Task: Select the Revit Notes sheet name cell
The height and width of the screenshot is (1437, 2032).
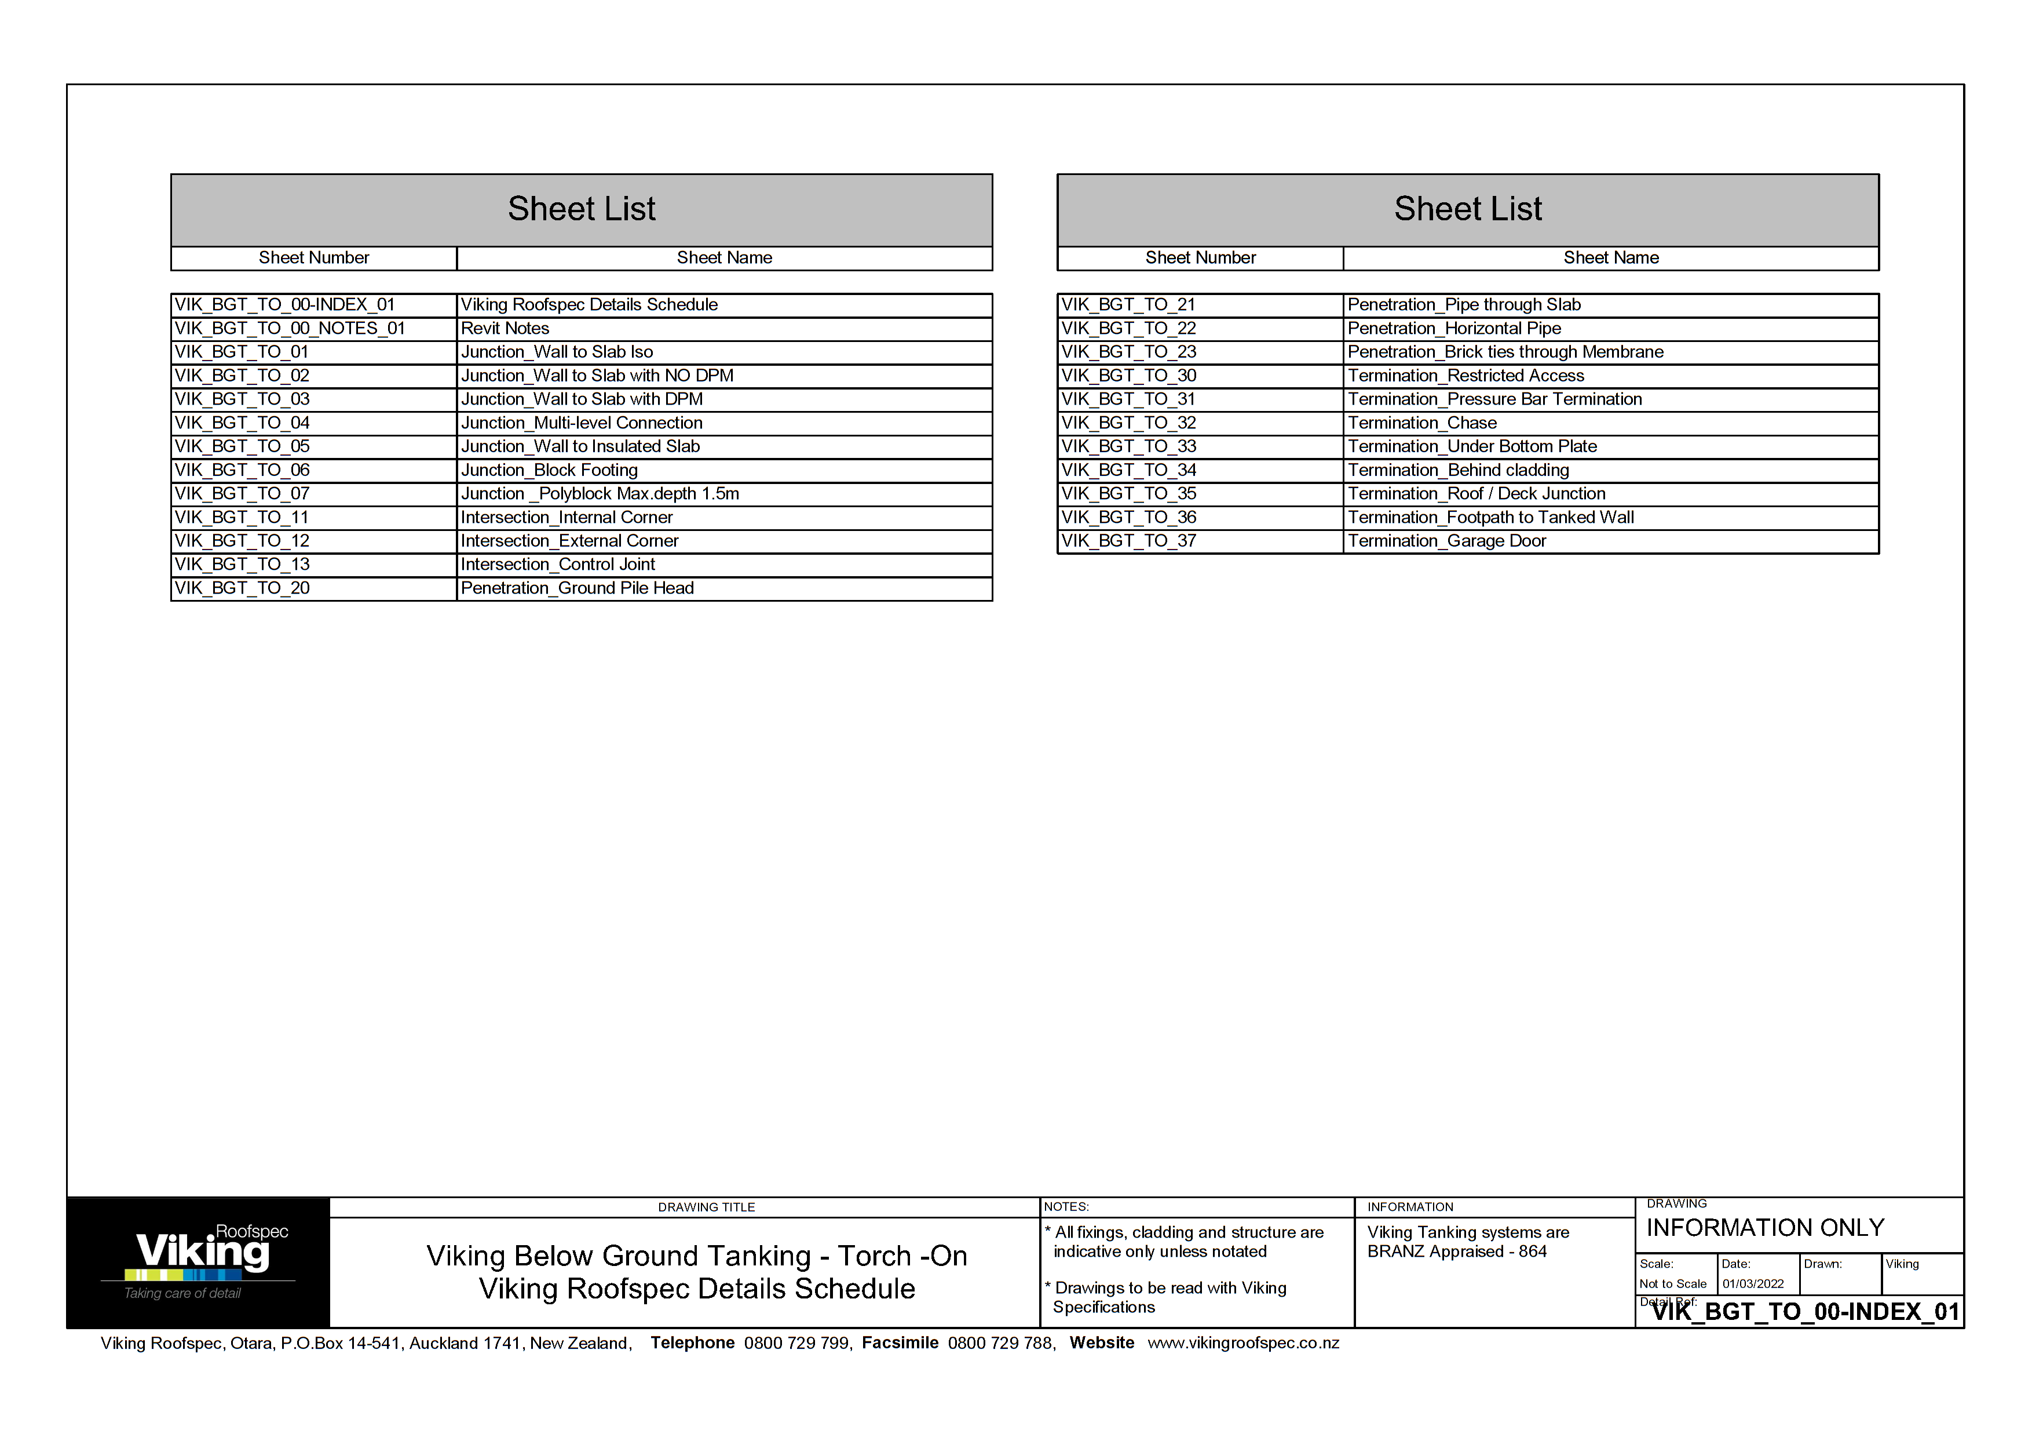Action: pyautogui.click(x=505, y=329)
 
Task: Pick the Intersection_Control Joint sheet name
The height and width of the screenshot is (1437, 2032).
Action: pyautogui.click(x=558, y=565)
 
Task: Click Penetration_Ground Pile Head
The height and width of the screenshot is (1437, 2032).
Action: pyautogui.click(x=577, y=589)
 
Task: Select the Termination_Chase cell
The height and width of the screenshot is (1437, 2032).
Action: pyautogui.click(x=1421, y=423)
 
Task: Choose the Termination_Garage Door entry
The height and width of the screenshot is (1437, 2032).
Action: pyautogui.click(x=1446, y=541)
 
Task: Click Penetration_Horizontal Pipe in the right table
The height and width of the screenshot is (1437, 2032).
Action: pyautogui.click(x=1453, y=329)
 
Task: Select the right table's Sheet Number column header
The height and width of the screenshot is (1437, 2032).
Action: pyautogui.click(x=1200, y=257)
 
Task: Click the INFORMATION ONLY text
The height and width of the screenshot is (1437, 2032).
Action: pyautogui.click(x=1765, y=1228)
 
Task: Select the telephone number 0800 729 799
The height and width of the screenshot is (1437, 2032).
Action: pyautogui.click(x=796, y=1343)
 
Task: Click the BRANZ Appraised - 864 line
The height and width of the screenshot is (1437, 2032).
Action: pyautogui.click(x=1457, y=1252)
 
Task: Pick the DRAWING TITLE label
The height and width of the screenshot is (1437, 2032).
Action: pyautogui.click(x=706, y=1207)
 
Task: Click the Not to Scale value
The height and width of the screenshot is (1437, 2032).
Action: pyautogui.click(x=1673, y=1284)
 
